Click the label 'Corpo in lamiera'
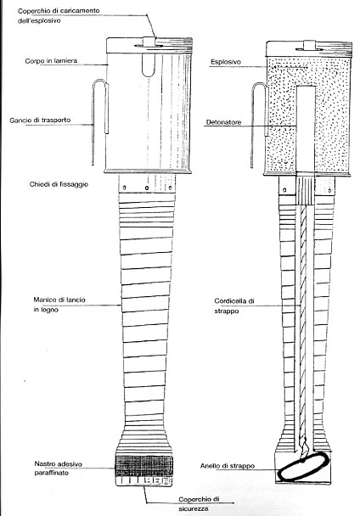(x=51, y=61)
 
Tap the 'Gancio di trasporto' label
(x=40, y=121)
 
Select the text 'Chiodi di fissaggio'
(x=59, y=184)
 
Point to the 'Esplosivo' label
(x=226, y=62)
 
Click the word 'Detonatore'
(x=223, y=122)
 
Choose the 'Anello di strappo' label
(x=228, y=466)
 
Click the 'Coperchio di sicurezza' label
(x=199, y=504)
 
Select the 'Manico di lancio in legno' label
(x=59, y=305)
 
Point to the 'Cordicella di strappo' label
(x=234, y=306)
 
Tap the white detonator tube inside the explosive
(x=306, y=129)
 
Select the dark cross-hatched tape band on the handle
(x=144, y=466)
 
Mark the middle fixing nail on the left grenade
(x=147, y=188)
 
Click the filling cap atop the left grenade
(x=149, y=42)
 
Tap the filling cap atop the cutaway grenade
(x=310, y=45)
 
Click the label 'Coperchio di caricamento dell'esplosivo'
(x=59, y=15)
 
